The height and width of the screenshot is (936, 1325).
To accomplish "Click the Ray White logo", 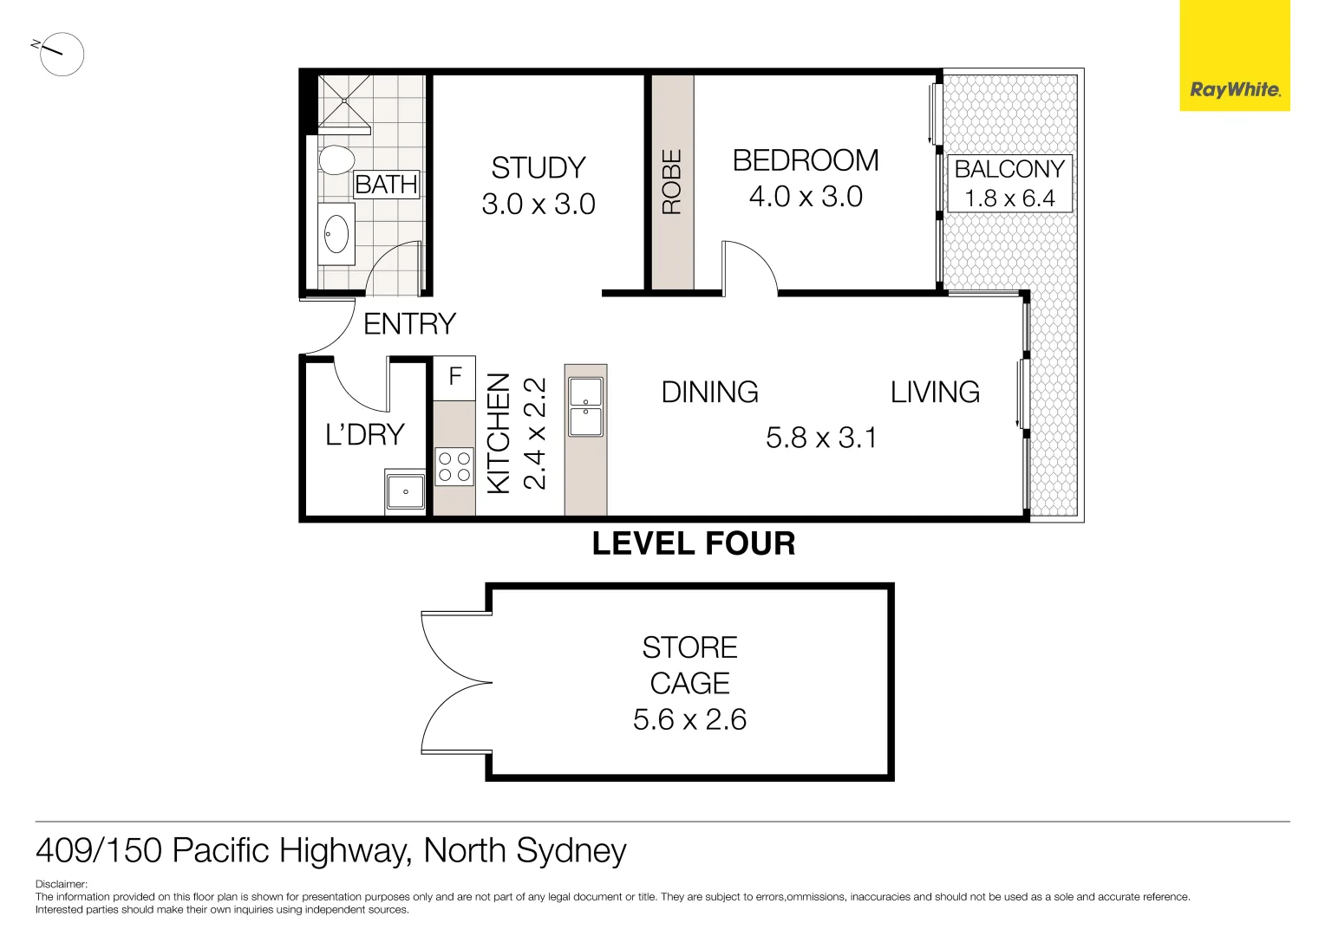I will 1234,89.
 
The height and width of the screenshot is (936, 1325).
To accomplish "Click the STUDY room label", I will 538,167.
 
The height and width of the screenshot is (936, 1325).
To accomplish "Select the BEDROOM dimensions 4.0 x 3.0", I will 806,197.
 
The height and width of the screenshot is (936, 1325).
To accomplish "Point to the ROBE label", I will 672,182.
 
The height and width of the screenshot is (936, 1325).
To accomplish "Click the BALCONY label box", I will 1009,183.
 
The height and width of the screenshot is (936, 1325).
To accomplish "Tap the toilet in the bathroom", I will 336,160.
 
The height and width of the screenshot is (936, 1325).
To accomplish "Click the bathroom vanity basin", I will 336,234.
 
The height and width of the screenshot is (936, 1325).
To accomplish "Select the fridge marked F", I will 454,377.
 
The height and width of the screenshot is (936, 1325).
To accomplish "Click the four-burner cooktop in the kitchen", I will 454,466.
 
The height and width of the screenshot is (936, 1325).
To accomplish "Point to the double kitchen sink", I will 585,406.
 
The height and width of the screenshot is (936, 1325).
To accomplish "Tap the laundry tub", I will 405,492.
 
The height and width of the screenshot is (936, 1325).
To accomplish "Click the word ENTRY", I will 409,324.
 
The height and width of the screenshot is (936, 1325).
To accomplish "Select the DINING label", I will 709,393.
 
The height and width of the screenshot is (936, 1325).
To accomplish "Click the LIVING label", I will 935,393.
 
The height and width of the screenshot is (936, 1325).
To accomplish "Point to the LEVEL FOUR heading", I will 693,543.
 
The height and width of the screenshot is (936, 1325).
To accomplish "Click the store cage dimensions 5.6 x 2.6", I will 689,719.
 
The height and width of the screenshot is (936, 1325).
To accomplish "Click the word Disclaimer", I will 61,884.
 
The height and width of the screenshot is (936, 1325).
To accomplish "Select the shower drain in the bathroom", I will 345,101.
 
